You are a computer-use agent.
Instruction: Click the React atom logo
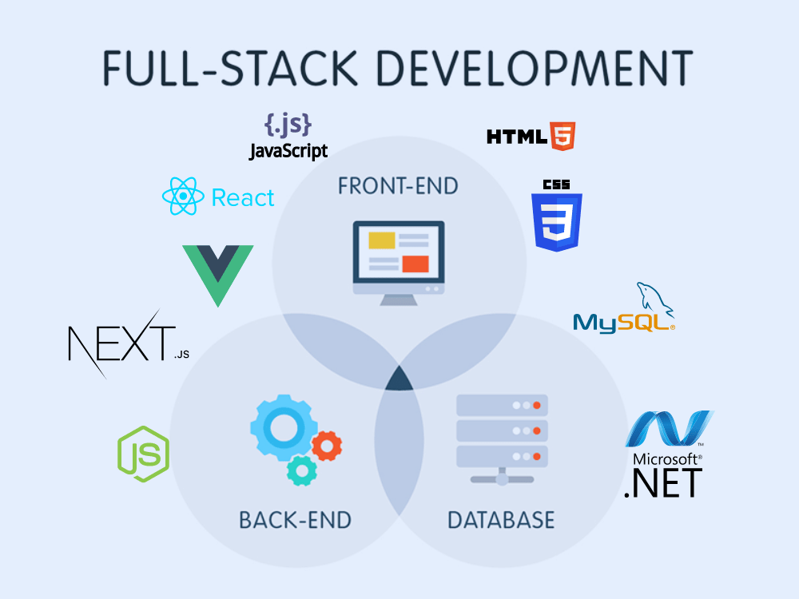point(183,196)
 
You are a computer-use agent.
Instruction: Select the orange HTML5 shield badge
point(562,137)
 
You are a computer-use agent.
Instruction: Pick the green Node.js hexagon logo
point(144,454)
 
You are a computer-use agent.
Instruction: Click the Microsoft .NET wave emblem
point(667,430)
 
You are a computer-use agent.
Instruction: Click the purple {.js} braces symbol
point(288,125)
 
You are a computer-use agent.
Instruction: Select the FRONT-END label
point(398,186)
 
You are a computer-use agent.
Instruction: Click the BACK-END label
point(295,521)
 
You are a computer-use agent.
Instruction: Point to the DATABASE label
point(501,521)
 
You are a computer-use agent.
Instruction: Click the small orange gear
point(327,445)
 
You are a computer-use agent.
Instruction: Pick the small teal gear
point(301,471)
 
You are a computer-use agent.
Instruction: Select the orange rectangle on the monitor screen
point(415,264)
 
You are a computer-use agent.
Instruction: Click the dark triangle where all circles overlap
point(399,379)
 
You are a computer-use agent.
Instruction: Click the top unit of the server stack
point(501,405)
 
